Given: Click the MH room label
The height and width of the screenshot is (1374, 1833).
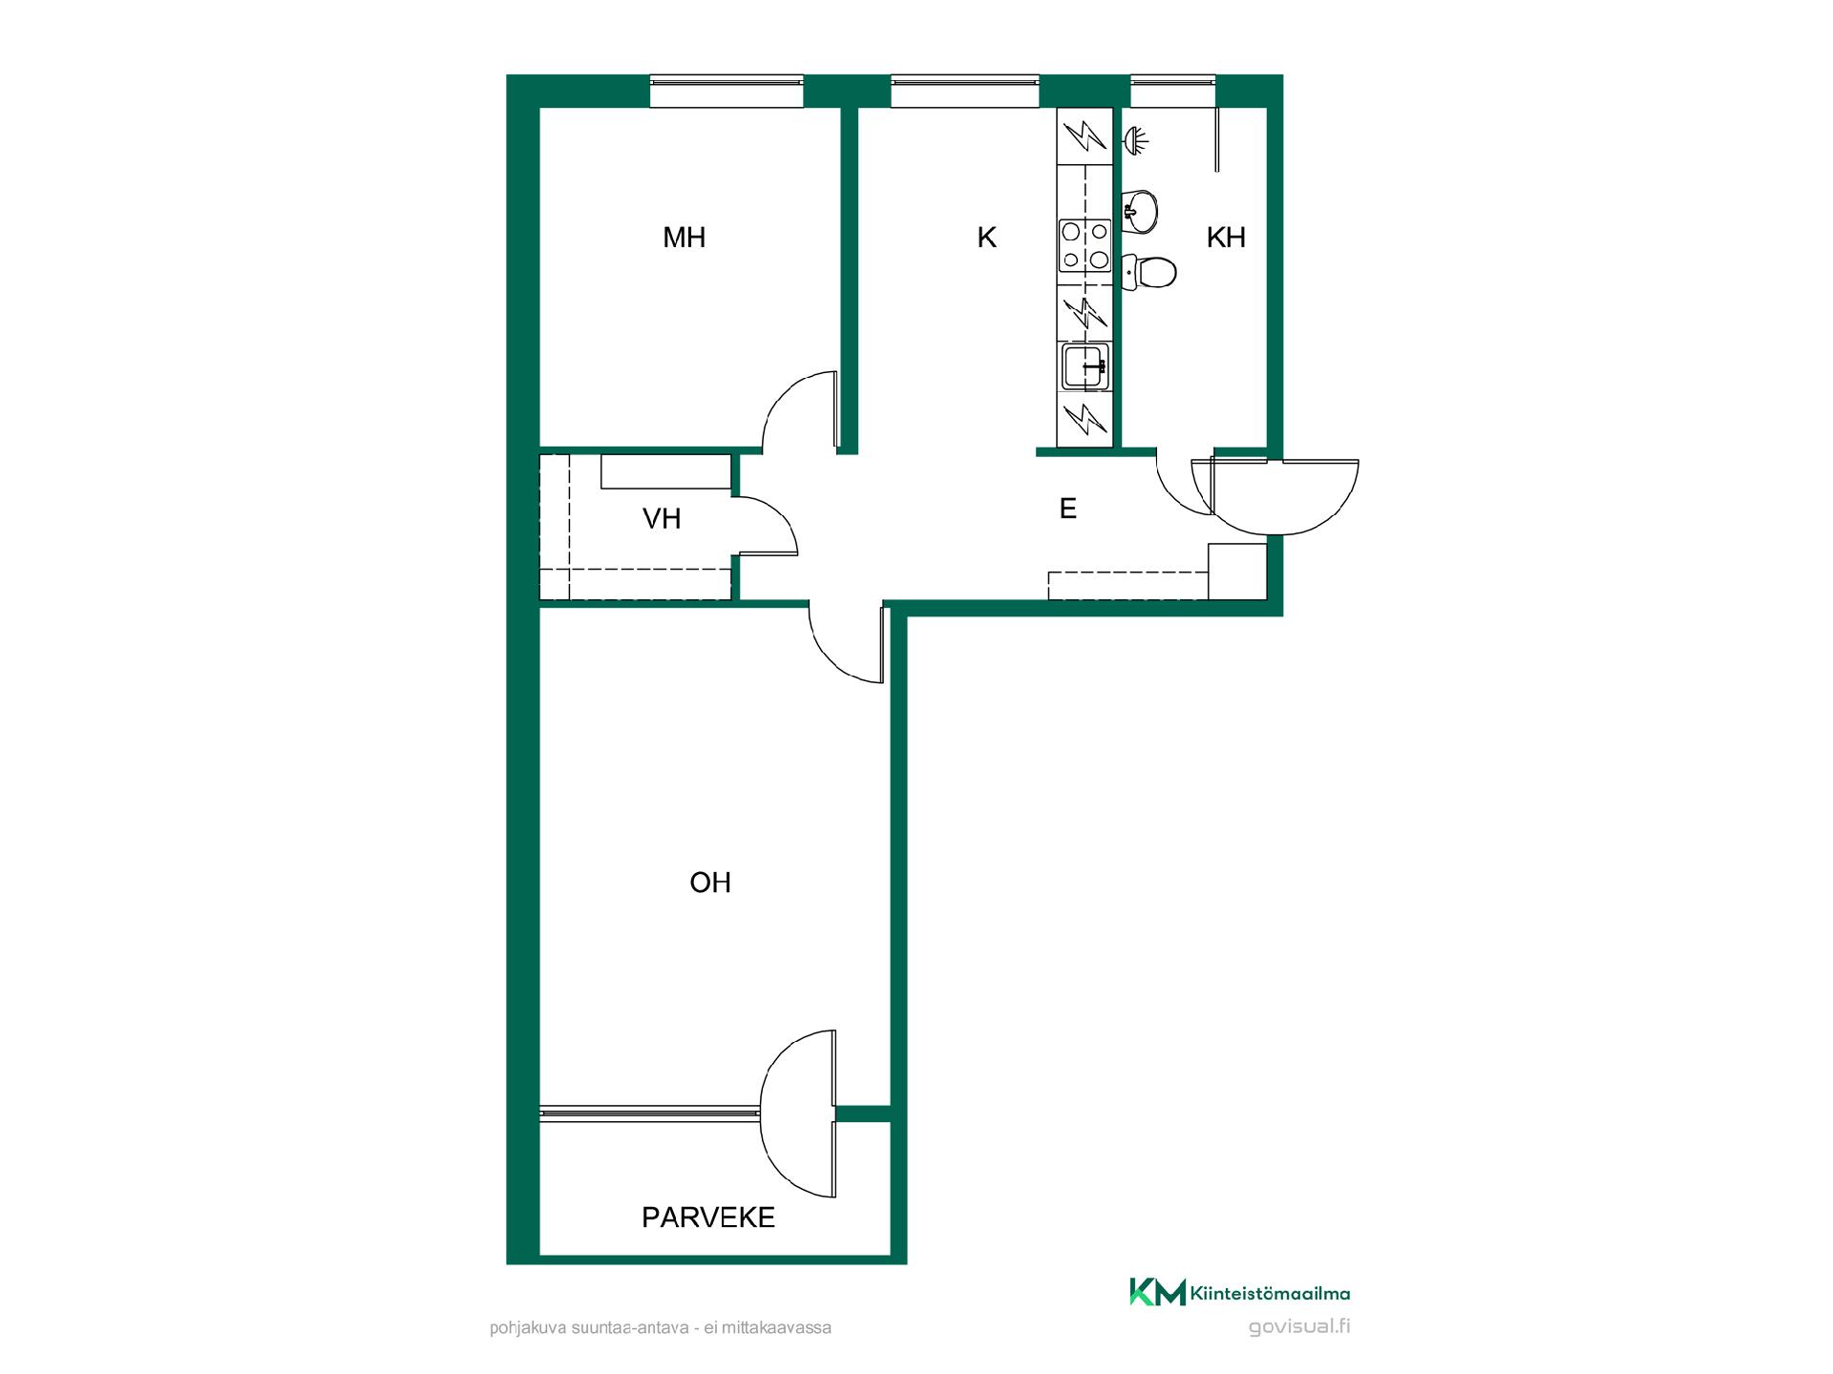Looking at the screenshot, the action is click(684, 238).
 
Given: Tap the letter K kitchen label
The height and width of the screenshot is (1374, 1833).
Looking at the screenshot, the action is click(986, 238).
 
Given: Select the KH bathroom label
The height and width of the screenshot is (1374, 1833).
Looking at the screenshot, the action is click(1226, 238).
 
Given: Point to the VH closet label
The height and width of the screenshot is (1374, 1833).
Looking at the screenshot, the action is click(662, 519).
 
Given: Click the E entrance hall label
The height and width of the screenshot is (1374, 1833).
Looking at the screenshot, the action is click(1068, 509).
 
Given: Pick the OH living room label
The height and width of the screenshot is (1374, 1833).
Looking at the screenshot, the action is click(710, 883).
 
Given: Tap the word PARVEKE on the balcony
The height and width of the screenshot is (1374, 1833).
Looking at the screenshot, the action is click(708, 1218).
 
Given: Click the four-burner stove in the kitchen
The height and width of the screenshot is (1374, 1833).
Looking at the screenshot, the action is click(1085, 245).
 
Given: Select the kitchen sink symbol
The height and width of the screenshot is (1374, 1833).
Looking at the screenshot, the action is click(1086, 365).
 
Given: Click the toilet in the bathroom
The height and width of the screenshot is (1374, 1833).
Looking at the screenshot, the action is click(1149, 272).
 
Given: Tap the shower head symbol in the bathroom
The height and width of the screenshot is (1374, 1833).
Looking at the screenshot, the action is click(1135, 141).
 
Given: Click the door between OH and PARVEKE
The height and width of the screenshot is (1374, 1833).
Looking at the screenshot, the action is click(798, 1114).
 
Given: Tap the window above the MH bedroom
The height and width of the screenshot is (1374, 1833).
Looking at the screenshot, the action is click(727, 92).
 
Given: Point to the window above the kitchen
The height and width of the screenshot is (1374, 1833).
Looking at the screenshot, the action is click(965, 92).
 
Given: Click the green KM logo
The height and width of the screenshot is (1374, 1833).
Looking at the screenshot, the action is click(1157, 1292).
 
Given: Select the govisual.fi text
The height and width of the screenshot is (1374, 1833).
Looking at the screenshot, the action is click(1299, 1327).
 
